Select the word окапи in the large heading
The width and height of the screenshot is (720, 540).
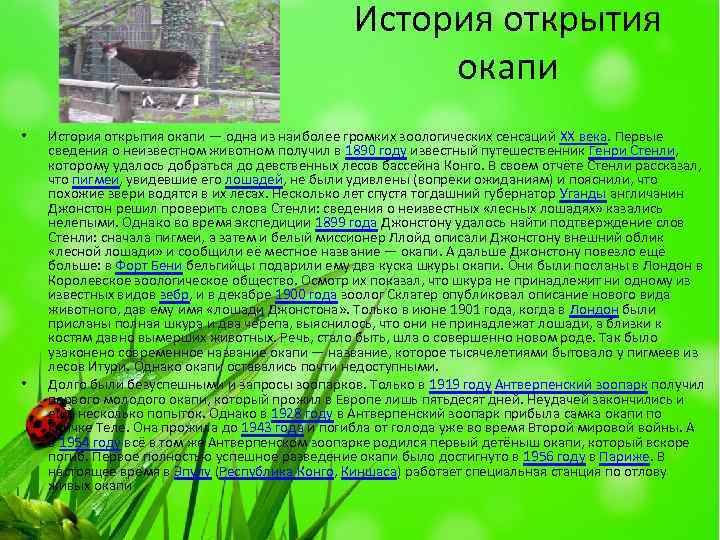pyautogui.click(x=507, y=68)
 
